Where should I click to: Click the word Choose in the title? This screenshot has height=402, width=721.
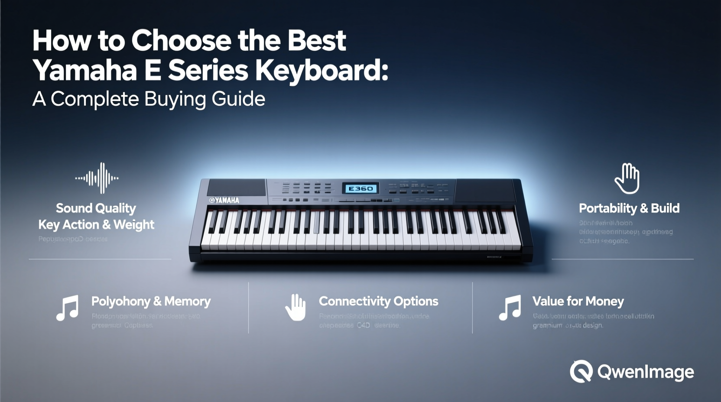point(181,41)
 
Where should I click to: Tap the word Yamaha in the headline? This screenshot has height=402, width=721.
point(85,70)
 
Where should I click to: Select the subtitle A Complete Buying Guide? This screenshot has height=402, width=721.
point(149,99)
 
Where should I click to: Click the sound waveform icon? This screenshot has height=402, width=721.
point(97,178)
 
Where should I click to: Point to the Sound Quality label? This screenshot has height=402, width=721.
point(96,208)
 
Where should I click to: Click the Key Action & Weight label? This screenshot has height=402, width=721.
point(96,224)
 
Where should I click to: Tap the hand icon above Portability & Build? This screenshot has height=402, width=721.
point(627,178)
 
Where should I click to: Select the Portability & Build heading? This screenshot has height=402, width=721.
point(629,208)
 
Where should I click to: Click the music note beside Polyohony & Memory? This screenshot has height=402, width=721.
point(68,308)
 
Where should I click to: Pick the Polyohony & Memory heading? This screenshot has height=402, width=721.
point(151,301)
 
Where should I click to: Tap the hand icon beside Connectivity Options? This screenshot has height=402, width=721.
point(296,308)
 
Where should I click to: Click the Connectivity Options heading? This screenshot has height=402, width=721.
point(378,301)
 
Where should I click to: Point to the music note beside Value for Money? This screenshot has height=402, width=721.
point(510,308)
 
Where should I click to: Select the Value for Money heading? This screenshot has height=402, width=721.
point(578,301)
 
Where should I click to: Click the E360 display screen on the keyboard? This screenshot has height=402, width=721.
point(360,188)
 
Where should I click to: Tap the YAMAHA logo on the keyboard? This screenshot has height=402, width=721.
point(224,200)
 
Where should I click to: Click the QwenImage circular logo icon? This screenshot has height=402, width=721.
point(581,371)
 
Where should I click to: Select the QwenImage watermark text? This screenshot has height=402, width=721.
point(646,372)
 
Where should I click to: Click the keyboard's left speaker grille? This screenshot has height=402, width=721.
point(237,188)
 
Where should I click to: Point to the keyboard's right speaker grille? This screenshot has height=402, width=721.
point(484,189)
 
